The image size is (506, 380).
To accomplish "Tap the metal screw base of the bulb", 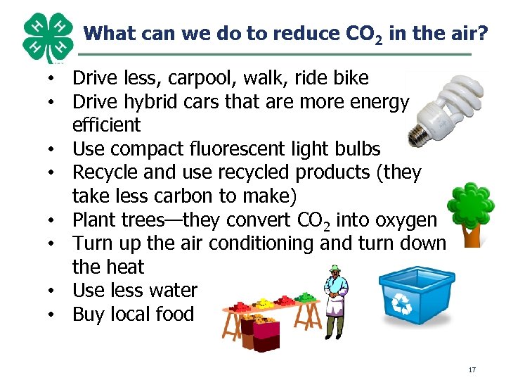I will pos(423,128).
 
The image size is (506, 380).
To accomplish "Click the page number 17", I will pos(472,369).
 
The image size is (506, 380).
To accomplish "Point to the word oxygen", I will pos(406,220).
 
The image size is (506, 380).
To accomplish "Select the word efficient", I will pos(107,126).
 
